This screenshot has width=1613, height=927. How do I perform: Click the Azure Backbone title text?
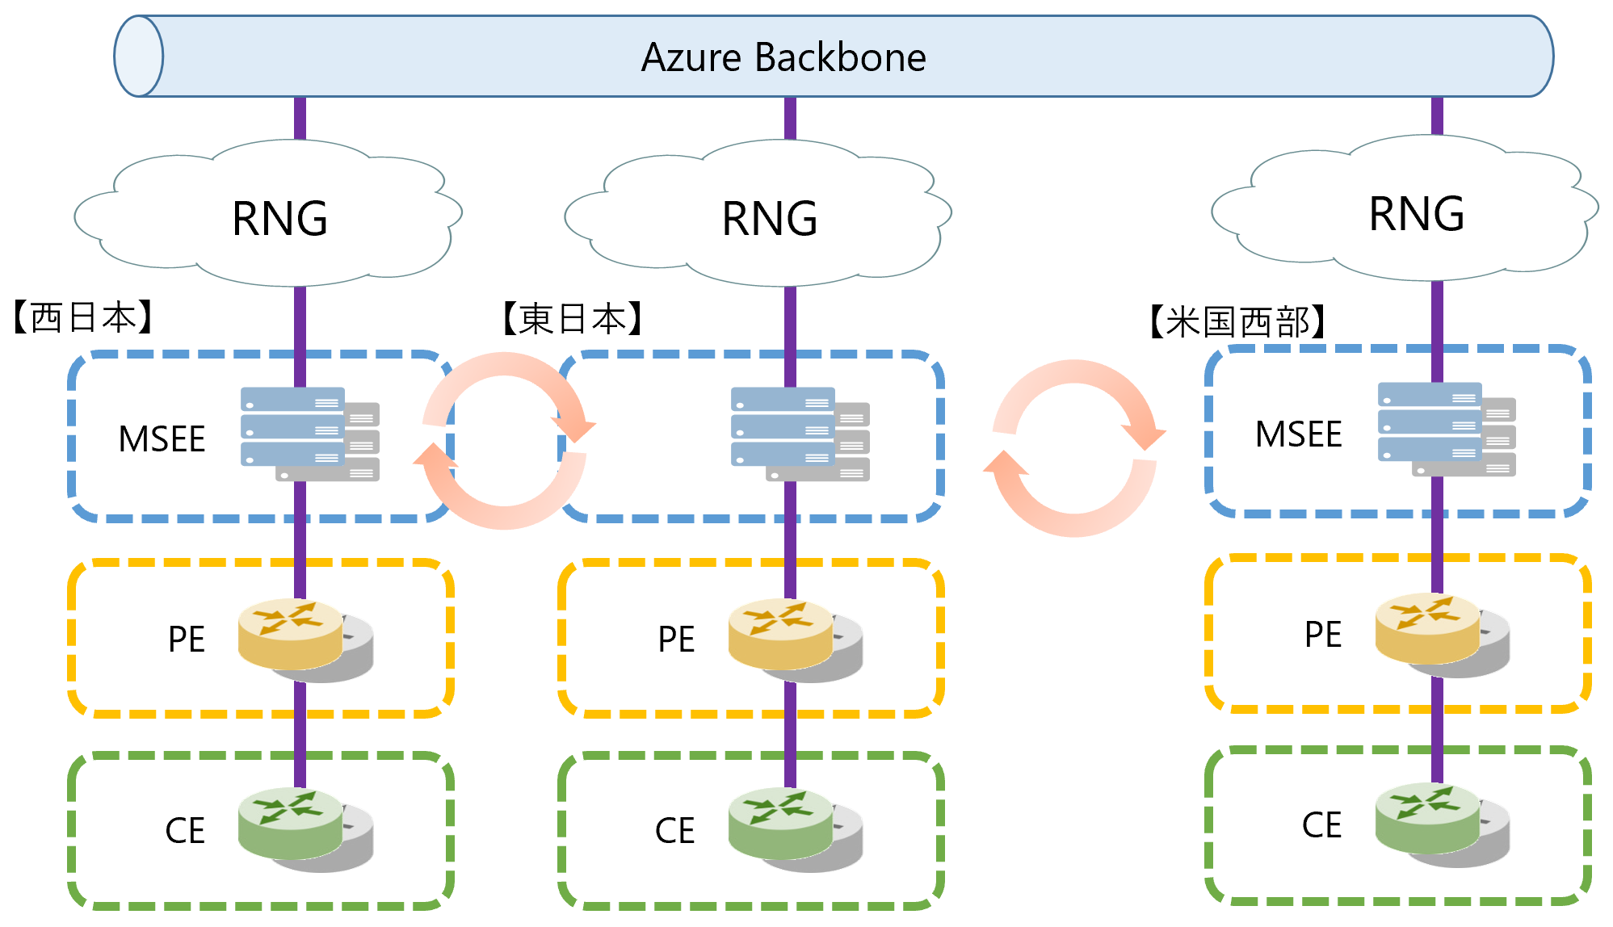tap(783, 57)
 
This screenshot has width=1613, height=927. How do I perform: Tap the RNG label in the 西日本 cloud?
tap(279, 219)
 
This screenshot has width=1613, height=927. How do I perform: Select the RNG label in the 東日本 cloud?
tap(770, 219)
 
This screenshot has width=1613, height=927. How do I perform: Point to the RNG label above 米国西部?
tap(1417, 214)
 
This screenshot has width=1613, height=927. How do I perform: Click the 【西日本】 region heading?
tap(83, 317)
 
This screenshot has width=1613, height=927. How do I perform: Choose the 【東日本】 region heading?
tap(573, 319)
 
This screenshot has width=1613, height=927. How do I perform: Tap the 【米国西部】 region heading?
tap(1237, 322)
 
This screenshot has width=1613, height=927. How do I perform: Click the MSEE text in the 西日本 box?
tap(162, 439)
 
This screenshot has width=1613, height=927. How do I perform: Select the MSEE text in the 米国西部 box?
tap(1298, 434)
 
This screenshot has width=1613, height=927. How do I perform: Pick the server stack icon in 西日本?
tap(309, 434)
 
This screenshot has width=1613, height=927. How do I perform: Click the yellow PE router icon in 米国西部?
tap(1438, 633)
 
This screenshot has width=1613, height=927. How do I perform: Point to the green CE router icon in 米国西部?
tap(1438, 822)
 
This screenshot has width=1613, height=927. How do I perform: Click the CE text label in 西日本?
tap(185, 831)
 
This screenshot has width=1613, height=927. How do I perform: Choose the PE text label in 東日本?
tap(676, 640)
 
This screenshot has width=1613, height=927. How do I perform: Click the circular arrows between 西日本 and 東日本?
tap(505, 441)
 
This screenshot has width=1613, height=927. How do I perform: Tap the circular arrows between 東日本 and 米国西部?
tap(1074, 448)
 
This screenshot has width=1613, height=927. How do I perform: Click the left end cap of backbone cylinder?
tap(139, 57)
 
